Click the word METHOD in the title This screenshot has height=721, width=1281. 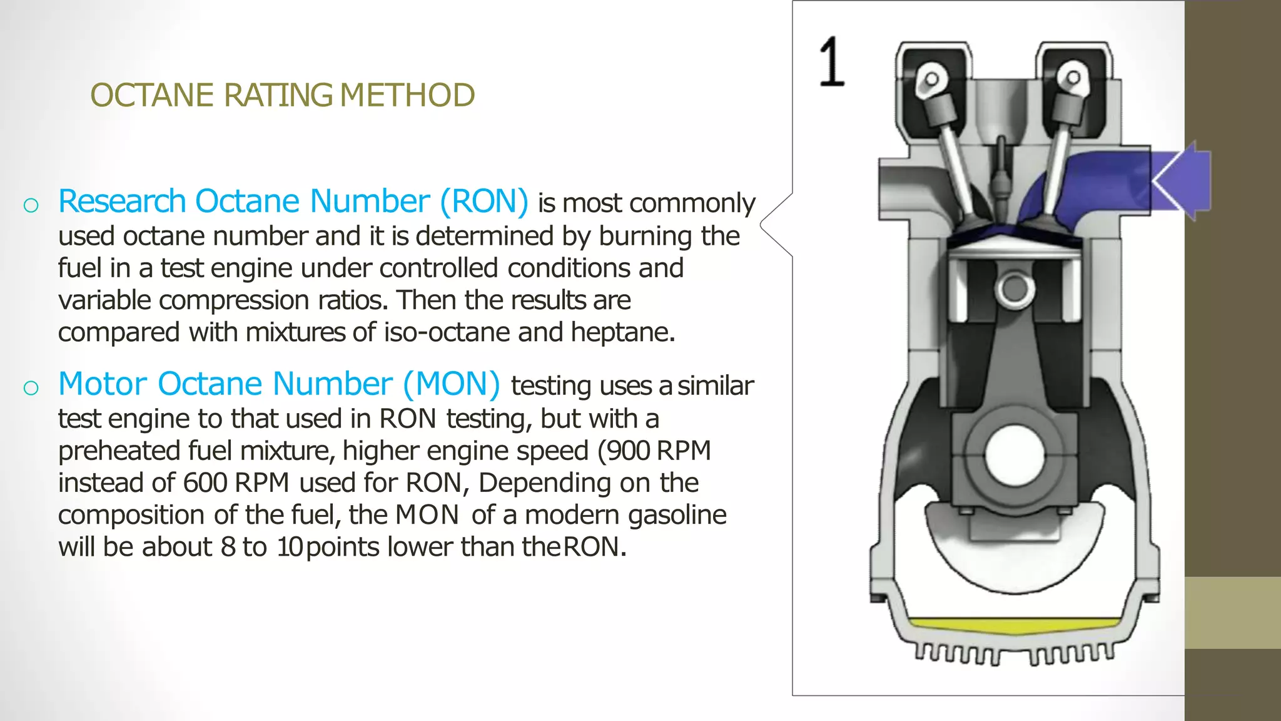coord(407,96)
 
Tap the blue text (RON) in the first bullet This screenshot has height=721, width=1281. coord(484,202)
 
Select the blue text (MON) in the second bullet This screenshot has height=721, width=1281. coord(451,384)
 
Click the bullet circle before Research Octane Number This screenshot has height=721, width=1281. coord(31,205)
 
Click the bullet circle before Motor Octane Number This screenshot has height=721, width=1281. coord(31,388)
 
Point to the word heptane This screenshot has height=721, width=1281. coord(622,332)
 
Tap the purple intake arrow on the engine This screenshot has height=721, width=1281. coord(1182,180)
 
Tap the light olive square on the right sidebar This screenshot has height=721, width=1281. coord(1232,613)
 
